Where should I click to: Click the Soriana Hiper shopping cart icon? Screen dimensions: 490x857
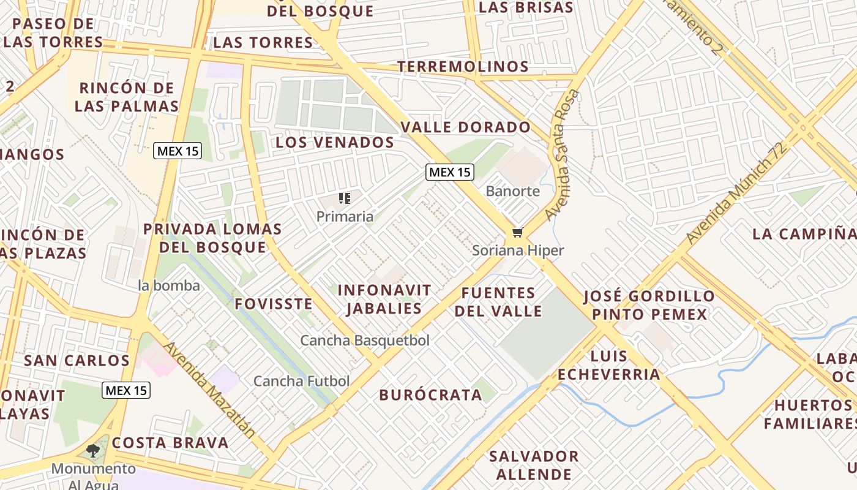coord(518,232)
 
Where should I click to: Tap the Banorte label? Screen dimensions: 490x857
coord(512,191)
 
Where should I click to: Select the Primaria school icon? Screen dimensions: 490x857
coord(344,198)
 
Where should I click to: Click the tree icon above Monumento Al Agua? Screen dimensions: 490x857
coord(93,451)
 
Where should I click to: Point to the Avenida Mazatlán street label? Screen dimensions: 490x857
coord(210,390)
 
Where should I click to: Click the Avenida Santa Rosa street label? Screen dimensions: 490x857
coord(562,155)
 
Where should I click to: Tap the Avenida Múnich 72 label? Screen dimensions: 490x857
coord(735,194)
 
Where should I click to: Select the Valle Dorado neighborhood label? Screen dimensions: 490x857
coord(465,127)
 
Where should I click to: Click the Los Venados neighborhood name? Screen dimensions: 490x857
coord(334,142)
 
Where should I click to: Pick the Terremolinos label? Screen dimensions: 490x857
coord(463,66)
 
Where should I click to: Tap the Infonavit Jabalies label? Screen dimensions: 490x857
coord(384,299)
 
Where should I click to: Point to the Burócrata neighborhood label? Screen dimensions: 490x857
coord(430,395)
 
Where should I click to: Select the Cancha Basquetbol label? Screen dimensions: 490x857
coord(365,341)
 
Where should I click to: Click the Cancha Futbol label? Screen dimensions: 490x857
coord(301,381)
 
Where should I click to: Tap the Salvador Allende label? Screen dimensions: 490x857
coord(534,465)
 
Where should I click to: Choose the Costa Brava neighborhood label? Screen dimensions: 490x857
coord(170,443)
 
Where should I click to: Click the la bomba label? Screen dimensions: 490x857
coord(169,285)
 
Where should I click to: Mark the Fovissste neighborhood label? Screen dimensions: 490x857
coord(273,304)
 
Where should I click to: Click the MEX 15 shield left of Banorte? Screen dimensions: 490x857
coord(450,172)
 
